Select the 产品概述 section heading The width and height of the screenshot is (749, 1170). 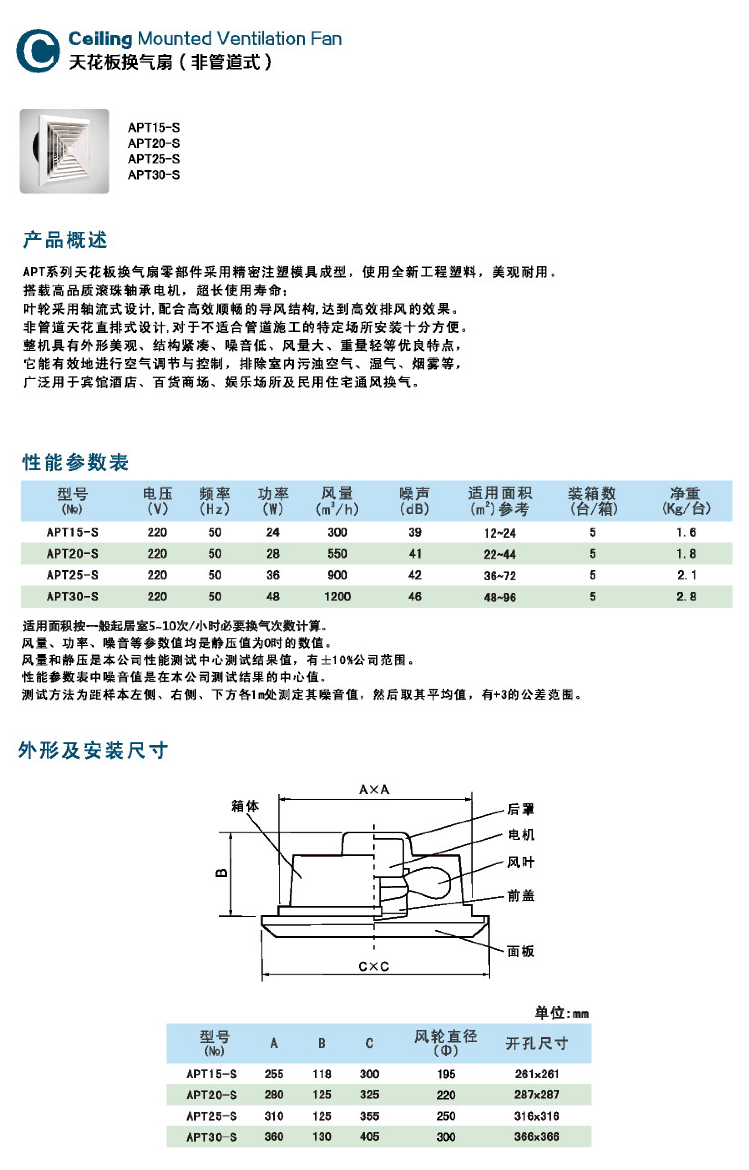pyautogui.click(x=65, y=240)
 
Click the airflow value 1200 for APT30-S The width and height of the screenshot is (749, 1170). pyautogui.click(x=337, y=596)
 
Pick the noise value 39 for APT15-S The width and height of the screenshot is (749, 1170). pyautogui.click(x=414, y=532)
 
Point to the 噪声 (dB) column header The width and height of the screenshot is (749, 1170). pyautogui.click(x=414, y=501)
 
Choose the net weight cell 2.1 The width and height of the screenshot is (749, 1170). pyautogui.click(x=686, y=575)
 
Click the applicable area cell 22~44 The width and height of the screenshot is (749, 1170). pyautogui.click(x=499, y=554)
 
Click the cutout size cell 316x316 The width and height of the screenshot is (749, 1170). pyautogui.click(x=537, y=1116)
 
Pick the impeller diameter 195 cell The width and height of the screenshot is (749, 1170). pyautogui.click(x=445, y=1074)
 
